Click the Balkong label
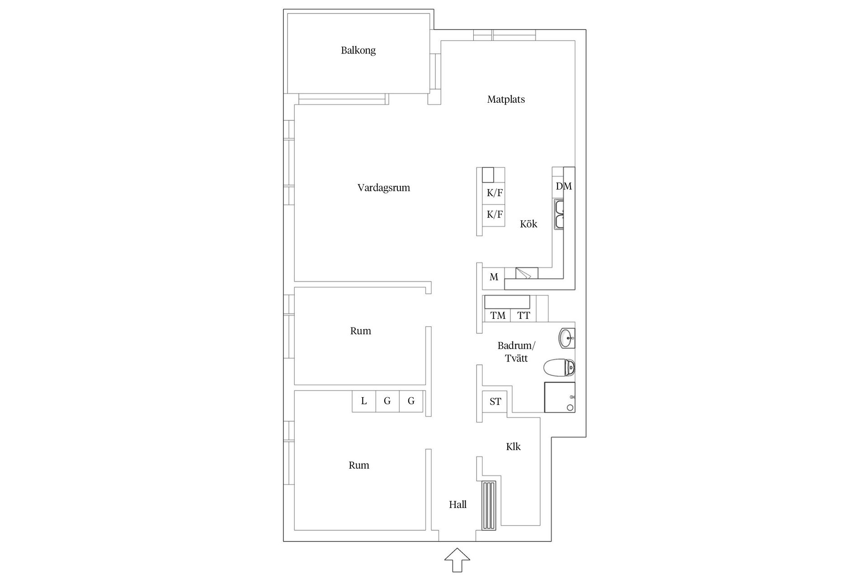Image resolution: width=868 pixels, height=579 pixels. click(x=358, y=50)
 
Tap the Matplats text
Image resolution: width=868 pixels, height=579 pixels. click(x=506, y=100)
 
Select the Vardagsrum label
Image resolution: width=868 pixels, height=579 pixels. click(x=383, y=188)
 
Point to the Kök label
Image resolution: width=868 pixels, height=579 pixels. click(x=528, y=224)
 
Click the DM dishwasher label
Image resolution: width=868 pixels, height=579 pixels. click(x=564, y=186)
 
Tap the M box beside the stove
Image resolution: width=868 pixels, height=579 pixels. click(x=493, y=277)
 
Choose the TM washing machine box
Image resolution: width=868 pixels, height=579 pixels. click(x=498, y=315)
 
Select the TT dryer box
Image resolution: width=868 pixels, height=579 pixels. click(x=524, y=315)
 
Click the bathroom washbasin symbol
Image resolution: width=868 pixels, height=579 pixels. click(x=567, y=338)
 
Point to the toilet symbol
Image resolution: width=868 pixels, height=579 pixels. click(x=559, y=368)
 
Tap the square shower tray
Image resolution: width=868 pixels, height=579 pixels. click(x=560, y=397)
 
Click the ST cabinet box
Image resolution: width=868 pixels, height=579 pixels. click(x=495, y=401)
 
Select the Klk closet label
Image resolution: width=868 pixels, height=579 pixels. click(x=513, y=447)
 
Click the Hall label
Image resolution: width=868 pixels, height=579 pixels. click(x=458, y=504)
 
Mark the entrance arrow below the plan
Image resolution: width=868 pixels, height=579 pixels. click(x=457, y=560)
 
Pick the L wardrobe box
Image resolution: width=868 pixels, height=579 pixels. click(x=364, y=401)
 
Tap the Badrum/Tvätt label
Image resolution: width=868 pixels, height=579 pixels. click(x=516, y=352)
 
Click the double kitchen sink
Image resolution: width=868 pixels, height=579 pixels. click(x=560, y=215)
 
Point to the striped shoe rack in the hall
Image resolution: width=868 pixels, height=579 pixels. click(x=489, y=505)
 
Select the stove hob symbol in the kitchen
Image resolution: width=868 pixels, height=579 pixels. click(x=527, y=273)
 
